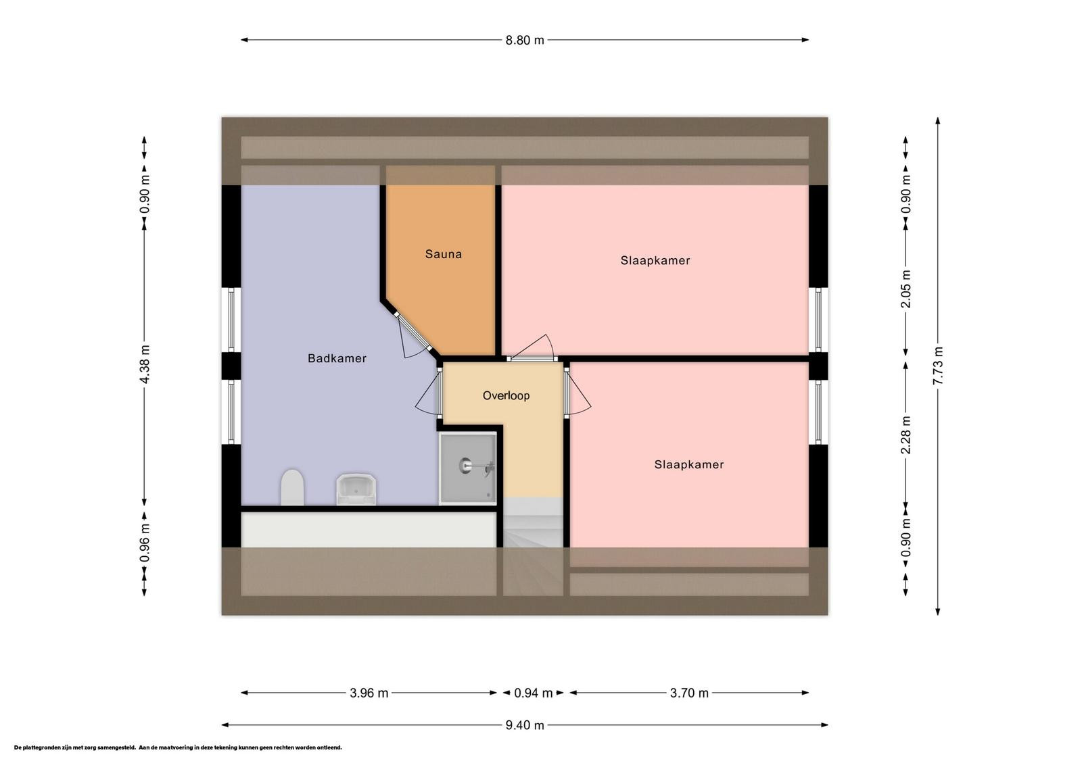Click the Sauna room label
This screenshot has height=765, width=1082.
coord(443,254)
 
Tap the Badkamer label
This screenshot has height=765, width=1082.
coord(337,358)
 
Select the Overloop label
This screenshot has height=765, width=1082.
coord(506,396)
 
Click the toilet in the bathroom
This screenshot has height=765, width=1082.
coord(292,487)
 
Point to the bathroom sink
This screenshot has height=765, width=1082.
coord(356,489)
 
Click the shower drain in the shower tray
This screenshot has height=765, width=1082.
coord(465,466)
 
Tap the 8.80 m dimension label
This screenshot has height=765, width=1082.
coord(525,40)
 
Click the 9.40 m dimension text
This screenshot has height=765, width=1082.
coord(525,725)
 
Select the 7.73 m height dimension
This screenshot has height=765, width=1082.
coord(937,366)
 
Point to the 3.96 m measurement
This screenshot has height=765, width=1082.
coord(369,693)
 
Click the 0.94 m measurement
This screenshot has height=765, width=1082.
coord(533,693)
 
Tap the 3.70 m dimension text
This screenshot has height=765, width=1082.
coord(689,693)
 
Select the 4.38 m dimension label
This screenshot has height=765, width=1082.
coord(144,364)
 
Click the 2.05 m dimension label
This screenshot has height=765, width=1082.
coord(905,289)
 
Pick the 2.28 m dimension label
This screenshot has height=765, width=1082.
coord(905,435)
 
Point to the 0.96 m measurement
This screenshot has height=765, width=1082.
coord(144,543)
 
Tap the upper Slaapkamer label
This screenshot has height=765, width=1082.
coord(655,261)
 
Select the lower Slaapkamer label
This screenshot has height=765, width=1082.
coord(689,465)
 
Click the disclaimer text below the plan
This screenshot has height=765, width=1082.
coord(178,747)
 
